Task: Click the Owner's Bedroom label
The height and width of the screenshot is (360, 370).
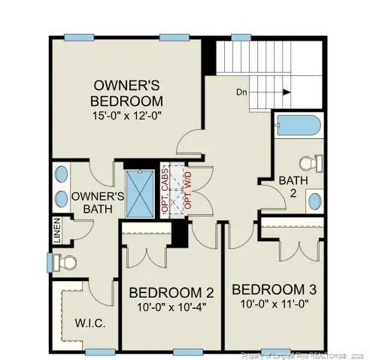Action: point(126,92)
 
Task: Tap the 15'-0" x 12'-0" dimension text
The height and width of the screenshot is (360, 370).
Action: point(126,115)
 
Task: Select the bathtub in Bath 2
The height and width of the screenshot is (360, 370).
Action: point(298,126)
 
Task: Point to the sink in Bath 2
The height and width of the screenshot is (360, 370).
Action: point(316,201)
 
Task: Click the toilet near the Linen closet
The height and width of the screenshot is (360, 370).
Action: point(67,262)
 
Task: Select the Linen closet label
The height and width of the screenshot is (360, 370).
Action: point(57,231)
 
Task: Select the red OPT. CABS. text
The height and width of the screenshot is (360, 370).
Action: point(165,192)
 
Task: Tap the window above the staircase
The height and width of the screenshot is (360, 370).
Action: point(240,36)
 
